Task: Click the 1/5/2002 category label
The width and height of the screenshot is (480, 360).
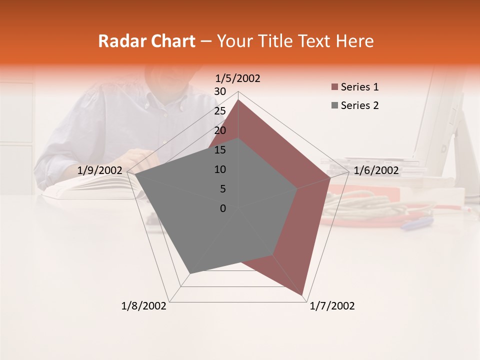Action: (238, 78)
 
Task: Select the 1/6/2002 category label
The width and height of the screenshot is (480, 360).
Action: (376, 170)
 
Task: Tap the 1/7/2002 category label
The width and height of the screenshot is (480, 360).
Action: (332, 306)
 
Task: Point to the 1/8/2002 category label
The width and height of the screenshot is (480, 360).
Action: (144, 306)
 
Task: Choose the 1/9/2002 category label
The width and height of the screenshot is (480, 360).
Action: (100, 170)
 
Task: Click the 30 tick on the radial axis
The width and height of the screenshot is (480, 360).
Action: (220, 91)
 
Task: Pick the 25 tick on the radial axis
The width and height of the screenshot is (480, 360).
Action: (220, 111)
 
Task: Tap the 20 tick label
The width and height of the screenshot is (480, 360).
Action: (220, 130)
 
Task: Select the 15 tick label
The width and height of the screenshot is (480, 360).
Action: (220, 150)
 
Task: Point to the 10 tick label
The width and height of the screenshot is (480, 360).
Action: (220, 169)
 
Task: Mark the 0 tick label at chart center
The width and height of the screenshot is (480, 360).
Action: (223, 208)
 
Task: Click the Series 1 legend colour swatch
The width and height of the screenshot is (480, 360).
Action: (334, 87)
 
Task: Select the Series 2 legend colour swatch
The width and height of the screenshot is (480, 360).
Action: (334, 105)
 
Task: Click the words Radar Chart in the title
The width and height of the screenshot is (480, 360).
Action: (146, 41)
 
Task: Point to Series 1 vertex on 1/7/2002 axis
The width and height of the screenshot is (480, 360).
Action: (303, 295)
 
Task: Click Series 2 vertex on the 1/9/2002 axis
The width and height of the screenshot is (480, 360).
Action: (135, 175)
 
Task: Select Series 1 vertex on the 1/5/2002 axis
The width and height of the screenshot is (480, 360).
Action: (238, 100)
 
